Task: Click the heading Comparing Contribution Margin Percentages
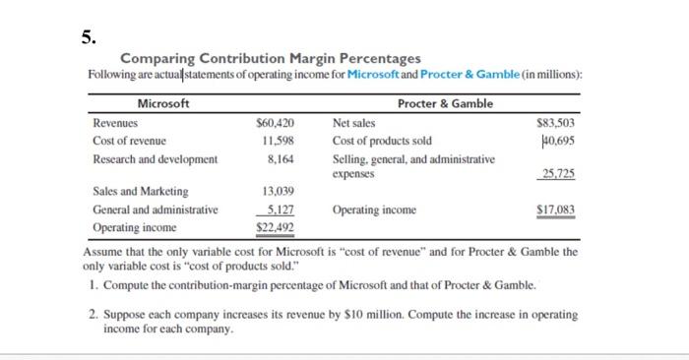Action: (270, 60)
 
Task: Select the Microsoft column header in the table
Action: (163, 103)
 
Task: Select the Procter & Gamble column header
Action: (445, 103)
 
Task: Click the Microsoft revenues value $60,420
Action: (277, 125)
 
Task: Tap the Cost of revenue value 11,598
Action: (280, 141)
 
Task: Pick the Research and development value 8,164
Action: (282, 157)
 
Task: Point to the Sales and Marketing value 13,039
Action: (280, 192)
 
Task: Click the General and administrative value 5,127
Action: (282, 209)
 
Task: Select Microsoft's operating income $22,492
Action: (277, 226)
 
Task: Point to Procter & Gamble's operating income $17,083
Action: (556, 210)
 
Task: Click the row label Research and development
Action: (155, 157)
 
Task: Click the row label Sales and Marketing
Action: (141, 192)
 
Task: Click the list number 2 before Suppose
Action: (93, 316)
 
